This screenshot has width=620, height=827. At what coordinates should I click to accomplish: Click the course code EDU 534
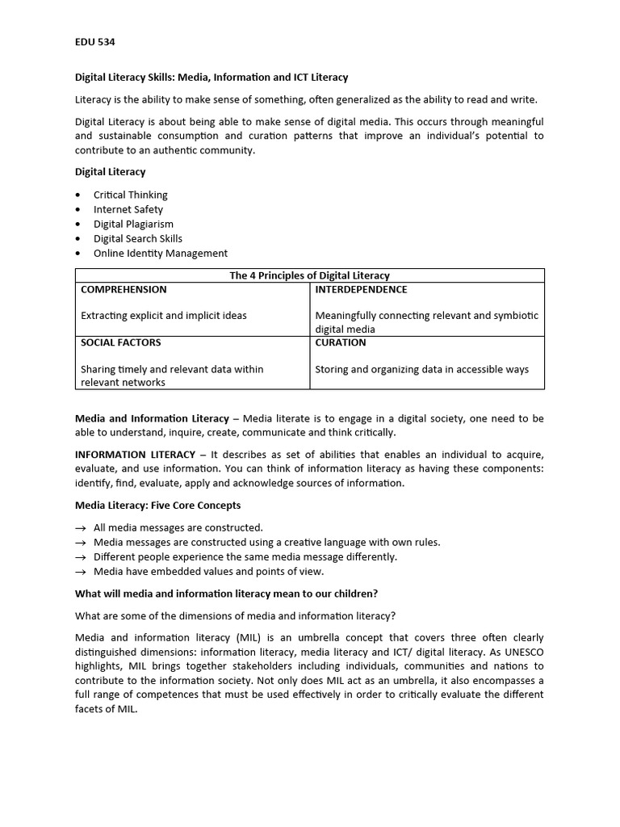pyautogui.click(x=95, y=41)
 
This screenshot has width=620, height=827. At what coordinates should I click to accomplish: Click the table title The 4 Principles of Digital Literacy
pyautogui.click(x=309, y=275)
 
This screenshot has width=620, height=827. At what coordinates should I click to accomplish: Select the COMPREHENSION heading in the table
pyautogui.click(x=124, y=289)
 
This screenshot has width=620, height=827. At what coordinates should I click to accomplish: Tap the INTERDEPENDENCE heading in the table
pyautogui.click(x=361, y=289)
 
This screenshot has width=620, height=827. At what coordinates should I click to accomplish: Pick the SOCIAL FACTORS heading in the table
pyautogui.click(x=120, y=342)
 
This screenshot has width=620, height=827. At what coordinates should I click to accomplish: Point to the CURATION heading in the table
pyautogui.click(x=340, y=342)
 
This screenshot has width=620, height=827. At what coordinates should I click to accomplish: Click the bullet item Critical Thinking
pyautogui.click(x=130, y=195)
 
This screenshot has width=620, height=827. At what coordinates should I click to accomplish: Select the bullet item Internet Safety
pyautogui.click(x=128, y=209)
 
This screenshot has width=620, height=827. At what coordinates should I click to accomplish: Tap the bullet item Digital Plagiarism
pyautogui.click(x=133, y=224)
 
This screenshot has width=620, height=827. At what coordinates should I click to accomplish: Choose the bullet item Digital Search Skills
pyautogui.click(x=137, y=238)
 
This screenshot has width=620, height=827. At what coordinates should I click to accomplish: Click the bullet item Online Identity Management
pyautogui.click(x=160, y=253)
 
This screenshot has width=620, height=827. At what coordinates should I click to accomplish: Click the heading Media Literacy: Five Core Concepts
pyautogui.click(x=157, y=506)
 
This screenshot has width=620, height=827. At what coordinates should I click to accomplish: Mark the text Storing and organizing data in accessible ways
pyautogui.click(x=421, y=369)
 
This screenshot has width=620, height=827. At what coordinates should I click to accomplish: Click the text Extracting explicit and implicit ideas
pyautogui.click(x=164, y=316)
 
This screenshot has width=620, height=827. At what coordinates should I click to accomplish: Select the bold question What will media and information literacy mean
pyautogui.click(x=226, y=594)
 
